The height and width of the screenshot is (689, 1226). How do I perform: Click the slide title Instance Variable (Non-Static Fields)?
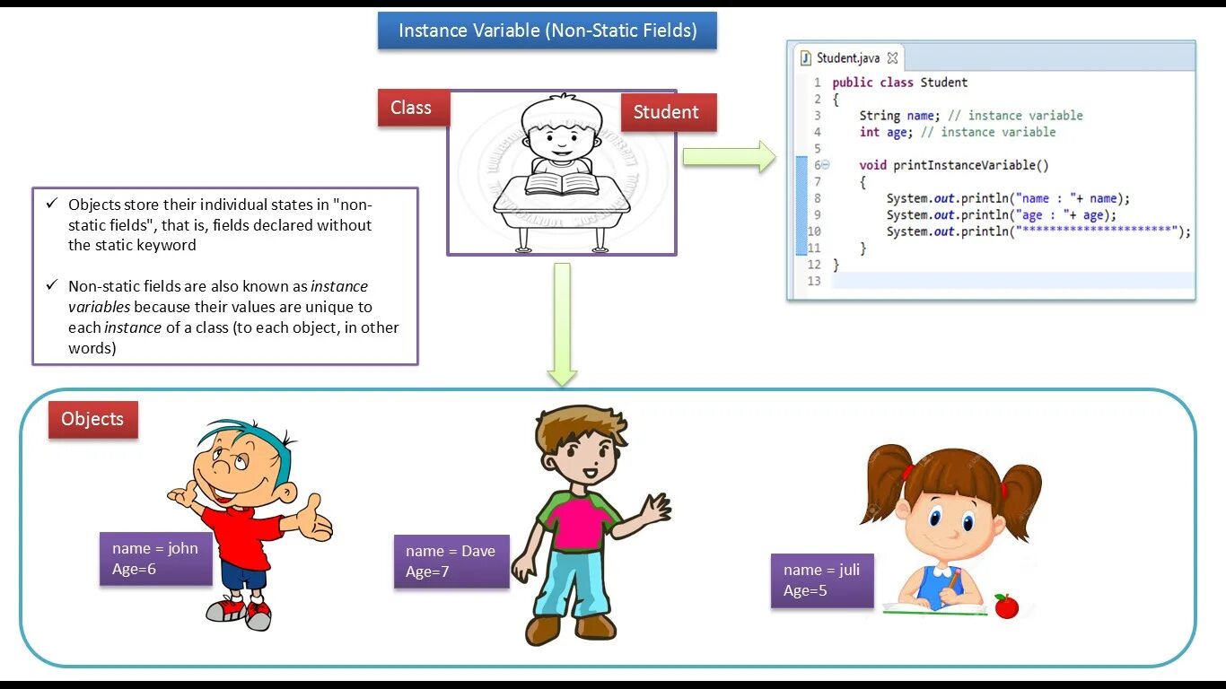(x=547, y=31)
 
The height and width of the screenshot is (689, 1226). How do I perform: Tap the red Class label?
(x=411, y=108)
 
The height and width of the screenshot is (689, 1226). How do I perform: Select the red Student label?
(x=666, y=112)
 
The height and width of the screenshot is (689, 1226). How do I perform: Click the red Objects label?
(x=92, y=419)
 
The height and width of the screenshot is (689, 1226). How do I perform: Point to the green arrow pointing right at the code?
(x=728, y=157)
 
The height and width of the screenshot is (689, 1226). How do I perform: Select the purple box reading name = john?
(x=155, y=558)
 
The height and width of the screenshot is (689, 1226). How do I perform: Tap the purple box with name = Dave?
(x=451, y=561)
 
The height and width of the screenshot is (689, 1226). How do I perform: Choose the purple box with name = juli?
(x=821, y=580)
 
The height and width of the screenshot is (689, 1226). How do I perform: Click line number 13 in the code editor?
(x=814, y=281)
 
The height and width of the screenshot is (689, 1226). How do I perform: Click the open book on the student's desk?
(x=561, y=184)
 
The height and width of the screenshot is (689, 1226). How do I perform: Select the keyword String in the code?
(x=880, y=116)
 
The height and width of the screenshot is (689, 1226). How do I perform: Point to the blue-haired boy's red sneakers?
(x=238, y=614)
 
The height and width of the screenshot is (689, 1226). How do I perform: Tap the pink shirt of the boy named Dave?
(x=577, y=521)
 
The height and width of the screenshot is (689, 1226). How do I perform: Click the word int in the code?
(x=869, y=132)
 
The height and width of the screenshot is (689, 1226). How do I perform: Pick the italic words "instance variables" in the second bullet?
(x=218, y=296)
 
